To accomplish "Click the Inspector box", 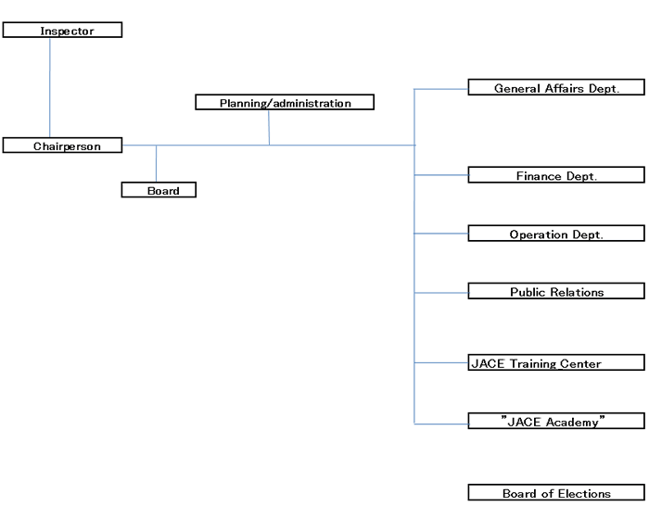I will point(62,31).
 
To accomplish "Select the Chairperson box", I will point(63,146).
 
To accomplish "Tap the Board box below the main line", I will point(159,190).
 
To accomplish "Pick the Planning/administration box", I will point(285,103).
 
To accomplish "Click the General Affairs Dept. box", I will point(555,88).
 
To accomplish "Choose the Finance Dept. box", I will point(555,175).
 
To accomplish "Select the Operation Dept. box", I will point(555,234).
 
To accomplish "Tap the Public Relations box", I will point(555,292).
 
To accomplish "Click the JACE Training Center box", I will point(555,363).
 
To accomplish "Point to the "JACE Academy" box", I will point(555,422).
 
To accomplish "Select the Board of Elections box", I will point(555,494).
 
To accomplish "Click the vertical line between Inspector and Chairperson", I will point(50,88).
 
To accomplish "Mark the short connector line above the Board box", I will point(156,164).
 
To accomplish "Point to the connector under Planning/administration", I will point(269,128).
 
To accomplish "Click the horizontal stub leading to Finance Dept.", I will point(440,174).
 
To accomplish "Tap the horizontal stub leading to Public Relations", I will point(440,293).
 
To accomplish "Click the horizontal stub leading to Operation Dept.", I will point(440,234).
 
